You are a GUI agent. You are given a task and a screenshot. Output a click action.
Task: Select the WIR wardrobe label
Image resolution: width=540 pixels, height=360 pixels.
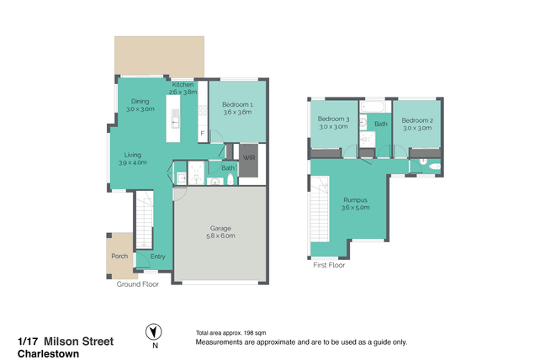[x=249, y=158]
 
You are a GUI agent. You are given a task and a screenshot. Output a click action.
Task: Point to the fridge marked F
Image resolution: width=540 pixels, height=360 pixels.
[x=203, y=134]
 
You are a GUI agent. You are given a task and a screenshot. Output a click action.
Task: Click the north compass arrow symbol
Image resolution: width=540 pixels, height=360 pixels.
[x=154, y=332]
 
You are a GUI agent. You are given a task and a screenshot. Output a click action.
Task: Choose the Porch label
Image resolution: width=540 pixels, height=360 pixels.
[x=119, y=256]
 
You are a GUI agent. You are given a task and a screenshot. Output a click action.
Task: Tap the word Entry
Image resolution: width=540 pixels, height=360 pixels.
[x=158, y=257]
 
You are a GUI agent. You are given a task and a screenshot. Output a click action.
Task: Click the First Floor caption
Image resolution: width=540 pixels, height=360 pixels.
[x=329, y=265]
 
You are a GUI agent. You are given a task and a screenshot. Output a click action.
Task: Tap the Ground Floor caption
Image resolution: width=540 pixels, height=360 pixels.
[x=137, y=284]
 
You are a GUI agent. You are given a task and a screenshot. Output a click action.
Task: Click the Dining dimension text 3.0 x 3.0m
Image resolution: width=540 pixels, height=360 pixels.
[x=140, y=109]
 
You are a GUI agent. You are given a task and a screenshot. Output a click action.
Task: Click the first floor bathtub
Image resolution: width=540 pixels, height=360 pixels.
[x=373, y=107]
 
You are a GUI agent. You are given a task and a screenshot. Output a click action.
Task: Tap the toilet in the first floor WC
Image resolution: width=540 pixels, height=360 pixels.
[x=435, y=167]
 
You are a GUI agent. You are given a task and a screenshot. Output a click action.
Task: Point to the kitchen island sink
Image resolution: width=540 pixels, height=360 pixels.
[x=175, y=122]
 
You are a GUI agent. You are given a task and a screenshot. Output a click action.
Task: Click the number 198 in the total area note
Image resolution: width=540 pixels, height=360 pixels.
[x=248, y=333]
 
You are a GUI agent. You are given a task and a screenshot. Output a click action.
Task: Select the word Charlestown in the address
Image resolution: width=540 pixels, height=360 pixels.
[x=48, y=354]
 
